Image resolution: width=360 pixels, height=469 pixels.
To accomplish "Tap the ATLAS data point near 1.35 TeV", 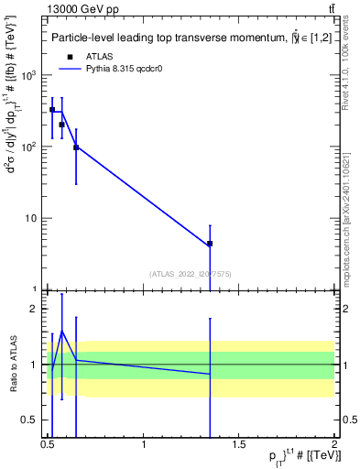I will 210,244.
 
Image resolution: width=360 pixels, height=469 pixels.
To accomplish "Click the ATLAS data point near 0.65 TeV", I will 76,147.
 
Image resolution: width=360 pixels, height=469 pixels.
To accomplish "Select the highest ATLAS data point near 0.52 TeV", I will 52,110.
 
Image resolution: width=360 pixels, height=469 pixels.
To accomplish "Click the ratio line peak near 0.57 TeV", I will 61,331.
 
